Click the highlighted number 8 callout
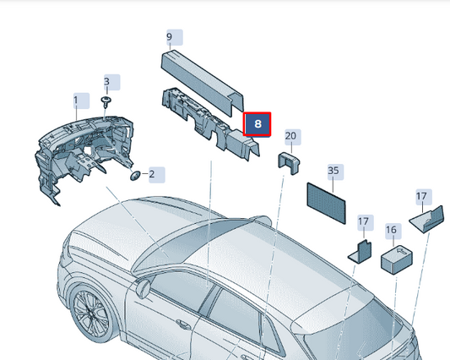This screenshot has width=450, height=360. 257,124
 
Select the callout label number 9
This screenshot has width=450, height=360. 175,37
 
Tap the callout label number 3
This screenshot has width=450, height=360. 112,82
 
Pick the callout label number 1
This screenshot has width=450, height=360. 81,101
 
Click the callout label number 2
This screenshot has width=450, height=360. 157,174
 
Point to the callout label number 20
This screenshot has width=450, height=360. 293,137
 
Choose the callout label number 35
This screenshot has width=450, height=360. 335,172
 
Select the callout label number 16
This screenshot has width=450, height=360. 393,231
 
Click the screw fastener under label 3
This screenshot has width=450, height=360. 106,102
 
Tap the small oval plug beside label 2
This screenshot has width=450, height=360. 135,175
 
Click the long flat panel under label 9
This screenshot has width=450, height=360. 202,83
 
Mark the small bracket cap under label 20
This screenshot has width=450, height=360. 289,163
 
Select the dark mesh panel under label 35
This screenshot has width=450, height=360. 326,203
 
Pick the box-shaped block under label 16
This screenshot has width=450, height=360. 397,259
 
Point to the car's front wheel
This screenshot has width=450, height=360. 90,315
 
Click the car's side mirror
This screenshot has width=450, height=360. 143,286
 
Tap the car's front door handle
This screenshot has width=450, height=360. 182,324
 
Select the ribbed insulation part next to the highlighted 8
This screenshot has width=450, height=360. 211,123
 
